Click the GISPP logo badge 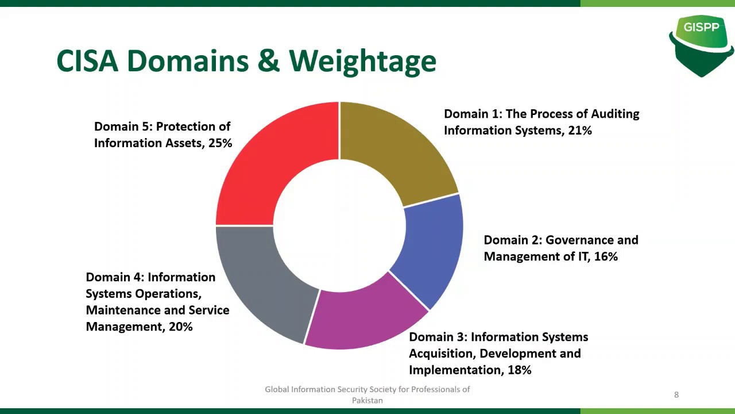click(701, 43)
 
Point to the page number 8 click(676, 394)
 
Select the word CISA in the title click(87, 60)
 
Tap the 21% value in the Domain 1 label click(580, 131)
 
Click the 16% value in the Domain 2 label click(606, 256)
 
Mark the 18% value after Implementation click(519, 370)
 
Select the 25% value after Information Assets click(220, 143)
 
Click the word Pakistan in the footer click(367, 400)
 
